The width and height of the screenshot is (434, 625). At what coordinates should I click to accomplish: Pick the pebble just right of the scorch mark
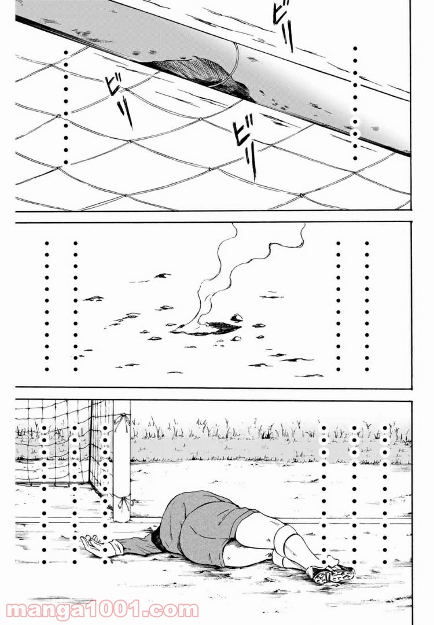point(236,318)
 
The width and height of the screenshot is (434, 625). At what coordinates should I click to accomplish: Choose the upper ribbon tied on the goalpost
point(122,421)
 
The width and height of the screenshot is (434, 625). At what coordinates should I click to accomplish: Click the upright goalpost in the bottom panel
point(122,461)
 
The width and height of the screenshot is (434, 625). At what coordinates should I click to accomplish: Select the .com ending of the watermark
point(176,611)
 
